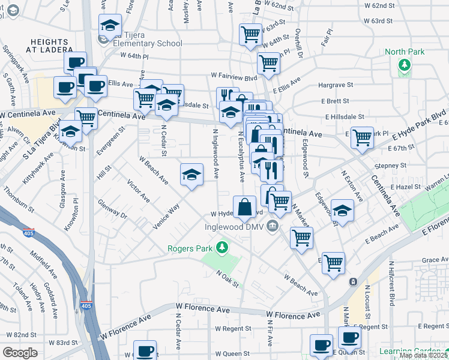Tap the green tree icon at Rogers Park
(223, 247)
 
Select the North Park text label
(405, 52)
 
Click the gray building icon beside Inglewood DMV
(273, 226)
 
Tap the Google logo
(20, 353)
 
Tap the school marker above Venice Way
(191, 175)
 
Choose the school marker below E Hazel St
(342, 211)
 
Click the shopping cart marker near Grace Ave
(333, 262)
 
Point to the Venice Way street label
(167, 217)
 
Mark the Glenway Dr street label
(113, 211)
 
